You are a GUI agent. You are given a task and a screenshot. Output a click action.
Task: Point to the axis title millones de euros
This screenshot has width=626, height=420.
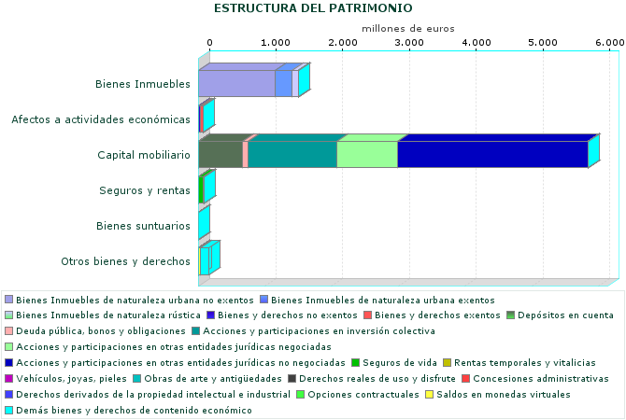(407, 28)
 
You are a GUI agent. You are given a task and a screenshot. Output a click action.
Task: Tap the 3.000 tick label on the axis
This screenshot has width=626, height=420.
(409, 43)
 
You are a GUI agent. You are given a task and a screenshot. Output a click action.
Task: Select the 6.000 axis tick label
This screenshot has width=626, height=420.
(609, 43)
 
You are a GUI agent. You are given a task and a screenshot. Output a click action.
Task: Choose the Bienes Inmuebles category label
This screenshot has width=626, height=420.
(143, 84)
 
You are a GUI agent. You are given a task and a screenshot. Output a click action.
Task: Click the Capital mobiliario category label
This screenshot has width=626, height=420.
(144, 155)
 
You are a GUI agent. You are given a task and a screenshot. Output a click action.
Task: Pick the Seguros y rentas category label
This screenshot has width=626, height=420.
(145, 190)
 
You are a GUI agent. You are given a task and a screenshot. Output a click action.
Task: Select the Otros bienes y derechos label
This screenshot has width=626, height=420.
(125, 261)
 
